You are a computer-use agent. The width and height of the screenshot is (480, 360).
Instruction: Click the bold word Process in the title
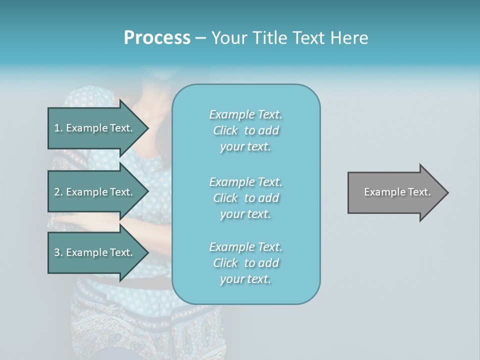(156, 38)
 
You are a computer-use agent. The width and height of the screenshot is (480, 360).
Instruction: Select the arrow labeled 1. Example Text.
(93, 128)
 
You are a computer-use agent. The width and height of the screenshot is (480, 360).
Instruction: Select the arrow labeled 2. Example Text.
(93, 192)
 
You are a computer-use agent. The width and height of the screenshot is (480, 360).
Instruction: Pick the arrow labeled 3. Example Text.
(93, 252)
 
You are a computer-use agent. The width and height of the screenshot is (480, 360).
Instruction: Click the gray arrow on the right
(395, 192)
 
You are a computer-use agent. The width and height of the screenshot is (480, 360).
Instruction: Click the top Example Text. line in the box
(245, 114)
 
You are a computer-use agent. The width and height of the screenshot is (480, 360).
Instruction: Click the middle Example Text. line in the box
(245, 182)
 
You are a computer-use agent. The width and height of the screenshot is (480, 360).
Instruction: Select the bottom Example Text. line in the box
(245, 247)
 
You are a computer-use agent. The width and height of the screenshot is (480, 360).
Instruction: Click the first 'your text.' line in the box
(245, 147)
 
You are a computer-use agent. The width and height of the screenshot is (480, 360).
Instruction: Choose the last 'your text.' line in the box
(245, 279)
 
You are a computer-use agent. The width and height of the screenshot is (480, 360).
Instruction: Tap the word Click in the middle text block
(225, 198)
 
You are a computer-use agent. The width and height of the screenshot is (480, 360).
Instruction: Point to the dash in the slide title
(200, 38)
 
